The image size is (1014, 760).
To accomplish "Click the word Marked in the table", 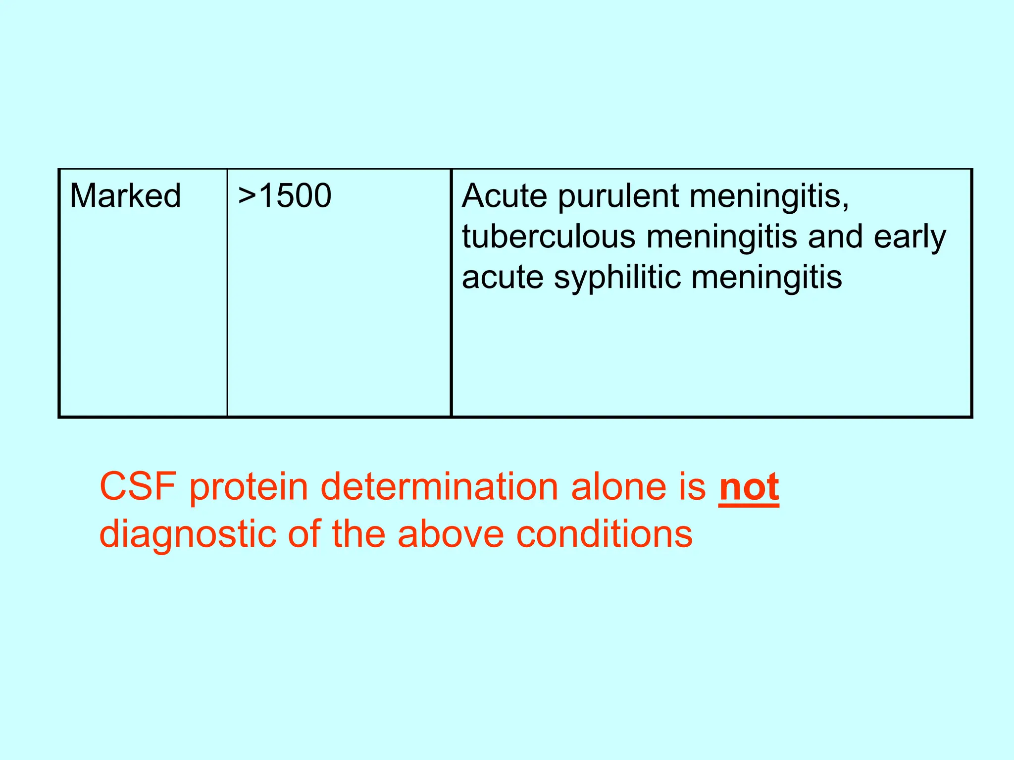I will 125,195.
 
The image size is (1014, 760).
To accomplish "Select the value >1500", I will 284,195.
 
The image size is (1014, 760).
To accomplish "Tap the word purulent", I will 619,196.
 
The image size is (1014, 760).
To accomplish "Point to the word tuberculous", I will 549,237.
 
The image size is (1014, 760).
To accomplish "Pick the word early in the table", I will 910,237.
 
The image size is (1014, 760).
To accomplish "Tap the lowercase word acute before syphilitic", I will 503,277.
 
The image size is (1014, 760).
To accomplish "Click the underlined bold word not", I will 749,487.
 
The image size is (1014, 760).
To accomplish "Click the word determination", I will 440,487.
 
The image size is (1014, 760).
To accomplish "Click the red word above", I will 451,534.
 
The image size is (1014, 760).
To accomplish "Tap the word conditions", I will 604,534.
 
